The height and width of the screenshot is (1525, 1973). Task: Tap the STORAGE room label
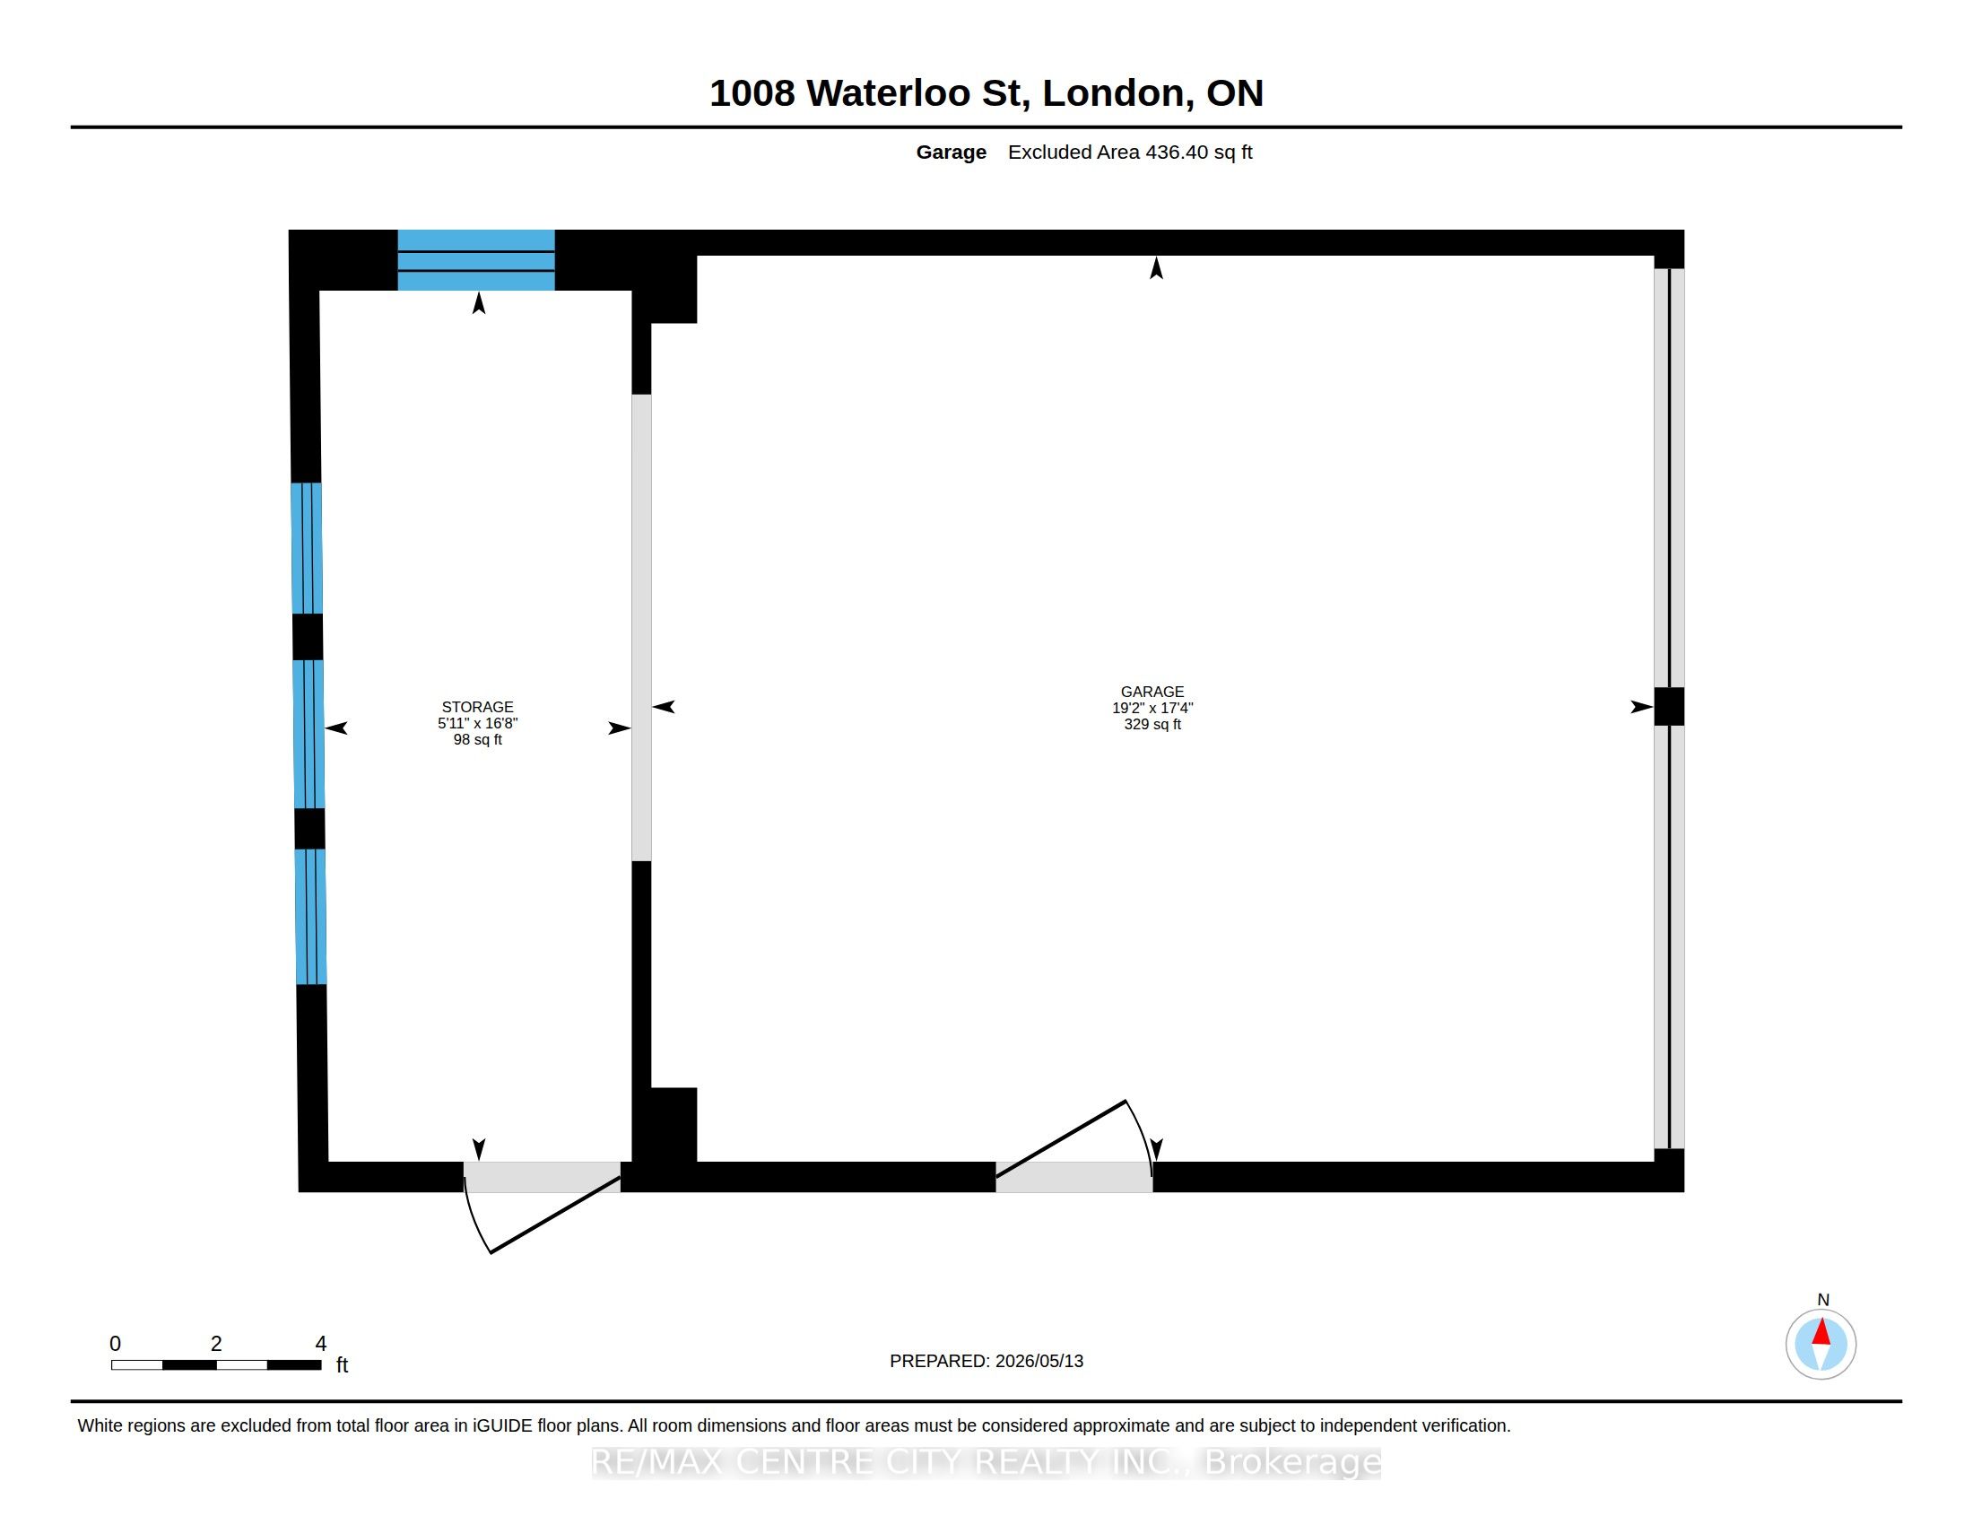(477, 708)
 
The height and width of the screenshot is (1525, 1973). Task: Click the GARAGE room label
(1152, 692)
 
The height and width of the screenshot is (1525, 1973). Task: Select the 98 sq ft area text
(477, 740)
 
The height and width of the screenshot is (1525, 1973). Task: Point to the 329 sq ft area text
(1152, 725)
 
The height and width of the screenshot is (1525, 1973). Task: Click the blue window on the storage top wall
(476, 260)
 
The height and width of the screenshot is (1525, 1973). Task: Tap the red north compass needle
(1821, 1332)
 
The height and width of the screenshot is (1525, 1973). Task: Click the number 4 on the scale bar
(321, 1344)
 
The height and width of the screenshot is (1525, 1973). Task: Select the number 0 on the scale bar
(115, 1344)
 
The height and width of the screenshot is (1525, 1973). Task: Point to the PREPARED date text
(986, 1361)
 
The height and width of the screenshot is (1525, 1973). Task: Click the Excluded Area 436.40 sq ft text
(1130, 152)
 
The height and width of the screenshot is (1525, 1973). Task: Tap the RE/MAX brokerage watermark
(986, 1462)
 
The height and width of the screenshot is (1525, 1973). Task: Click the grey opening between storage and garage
(641, 628)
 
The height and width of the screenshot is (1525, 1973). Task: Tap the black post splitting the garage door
(1670, 707)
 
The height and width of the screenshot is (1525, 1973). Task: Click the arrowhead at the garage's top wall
(1156, 268)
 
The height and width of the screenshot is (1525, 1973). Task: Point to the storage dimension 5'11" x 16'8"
(477, 724)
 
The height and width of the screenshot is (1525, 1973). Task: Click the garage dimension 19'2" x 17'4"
(1152, 709)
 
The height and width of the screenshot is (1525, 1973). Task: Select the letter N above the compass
(1823, 1300)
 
